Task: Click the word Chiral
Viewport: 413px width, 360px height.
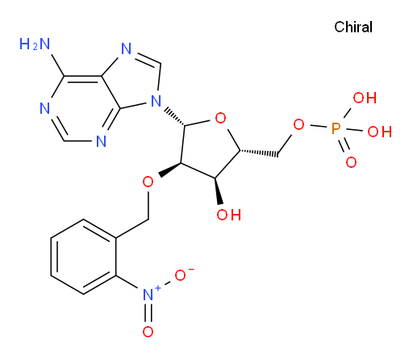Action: coord(353,27)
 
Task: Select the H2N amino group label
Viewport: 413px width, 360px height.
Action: coord(35,44)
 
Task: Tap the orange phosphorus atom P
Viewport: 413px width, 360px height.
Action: coord(336,128)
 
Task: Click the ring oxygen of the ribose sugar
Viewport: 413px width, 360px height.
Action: coord(220,118)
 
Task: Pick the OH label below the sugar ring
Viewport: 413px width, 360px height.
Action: coord(229,215)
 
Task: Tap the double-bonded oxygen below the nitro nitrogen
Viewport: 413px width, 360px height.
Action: coord(148,332)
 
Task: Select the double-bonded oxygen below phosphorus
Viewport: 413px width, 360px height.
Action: coord(351,162)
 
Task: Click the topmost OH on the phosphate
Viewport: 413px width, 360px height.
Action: coord(365,98)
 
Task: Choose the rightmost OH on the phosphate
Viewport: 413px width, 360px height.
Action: coord(379,132)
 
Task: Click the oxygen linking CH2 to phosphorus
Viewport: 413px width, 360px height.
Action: coord(298,124)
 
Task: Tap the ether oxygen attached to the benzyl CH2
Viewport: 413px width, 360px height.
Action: coord(148,182)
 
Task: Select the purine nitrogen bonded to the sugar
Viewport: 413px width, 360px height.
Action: coord(156,102)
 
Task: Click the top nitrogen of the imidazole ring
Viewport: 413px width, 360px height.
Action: coord(126,48)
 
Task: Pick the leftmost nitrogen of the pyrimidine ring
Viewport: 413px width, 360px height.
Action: coord(44,108)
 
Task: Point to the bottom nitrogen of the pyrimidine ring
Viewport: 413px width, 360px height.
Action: coord(101,140)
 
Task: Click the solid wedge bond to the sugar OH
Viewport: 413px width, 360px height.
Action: coord(219,190)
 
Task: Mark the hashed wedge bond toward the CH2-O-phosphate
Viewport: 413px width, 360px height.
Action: coord(259,153)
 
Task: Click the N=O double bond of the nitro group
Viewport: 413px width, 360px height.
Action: coord(148,312)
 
